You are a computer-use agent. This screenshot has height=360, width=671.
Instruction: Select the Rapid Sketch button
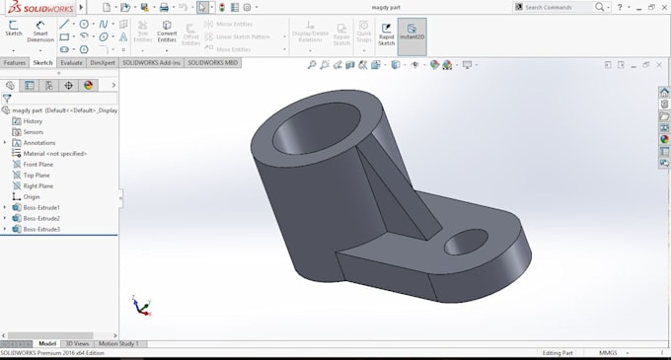point(386,35)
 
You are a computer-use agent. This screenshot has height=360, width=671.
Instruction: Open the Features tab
point(15,62)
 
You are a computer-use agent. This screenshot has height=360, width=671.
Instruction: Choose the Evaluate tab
point(72,62)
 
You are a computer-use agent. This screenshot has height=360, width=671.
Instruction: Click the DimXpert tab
point(103,62)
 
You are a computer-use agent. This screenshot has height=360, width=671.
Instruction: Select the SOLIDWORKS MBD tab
point(213,62)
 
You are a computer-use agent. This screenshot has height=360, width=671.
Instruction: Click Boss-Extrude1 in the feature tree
point(41,207)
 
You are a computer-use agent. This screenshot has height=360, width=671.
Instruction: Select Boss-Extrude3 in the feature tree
point(41,229)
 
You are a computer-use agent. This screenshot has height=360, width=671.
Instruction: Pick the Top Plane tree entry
point(37,175)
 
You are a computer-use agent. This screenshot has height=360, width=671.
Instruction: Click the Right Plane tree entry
point(38,185)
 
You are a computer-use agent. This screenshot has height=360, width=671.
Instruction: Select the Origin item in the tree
point(32,196)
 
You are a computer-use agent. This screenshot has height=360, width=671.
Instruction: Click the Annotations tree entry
point(39,143)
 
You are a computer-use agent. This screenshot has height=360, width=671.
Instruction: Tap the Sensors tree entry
point(34,132)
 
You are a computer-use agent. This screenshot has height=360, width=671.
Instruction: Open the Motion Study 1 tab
point(118,343)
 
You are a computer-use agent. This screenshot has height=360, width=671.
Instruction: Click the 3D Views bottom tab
point(76,343)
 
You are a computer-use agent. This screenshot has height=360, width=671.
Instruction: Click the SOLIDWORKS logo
point(37,7)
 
